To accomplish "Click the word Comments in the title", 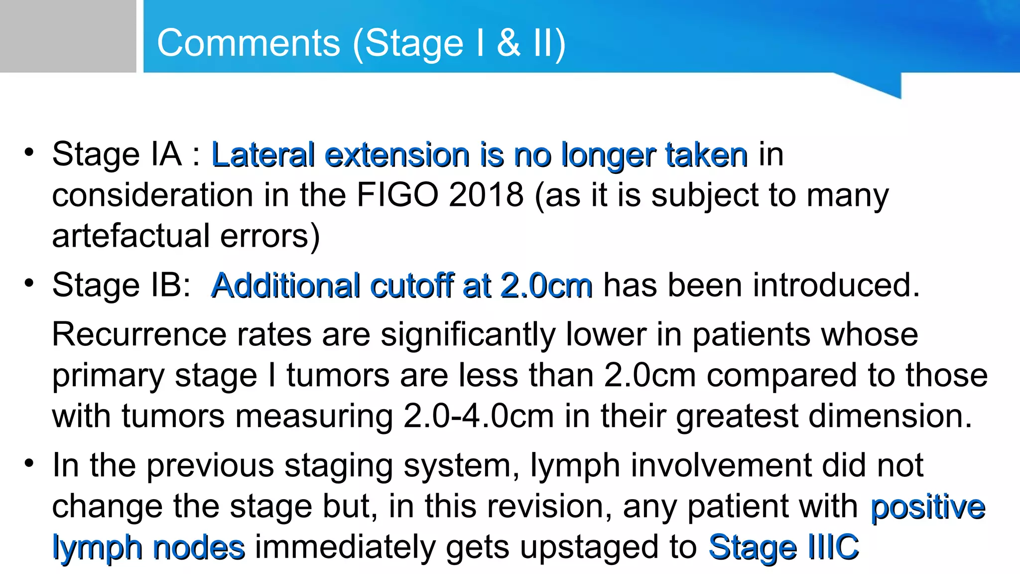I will (249, 43).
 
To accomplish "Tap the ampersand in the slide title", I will (509, 43).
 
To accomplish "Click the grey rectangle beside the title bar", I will (68, 36).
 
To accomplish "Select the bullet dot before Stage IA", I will (29, 152).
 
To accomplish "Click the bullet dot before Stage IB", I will (29, 283).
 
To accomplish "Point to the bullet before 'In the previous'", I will (29, 463).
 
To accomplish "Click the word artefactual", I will (130, 236).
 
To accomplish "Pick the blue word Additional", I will (285, 286).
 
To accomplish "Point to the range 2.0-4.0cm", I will (478, 416).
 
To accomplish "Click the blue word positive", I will (928, 507).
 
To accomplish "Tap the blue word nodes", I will (199, 547).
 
